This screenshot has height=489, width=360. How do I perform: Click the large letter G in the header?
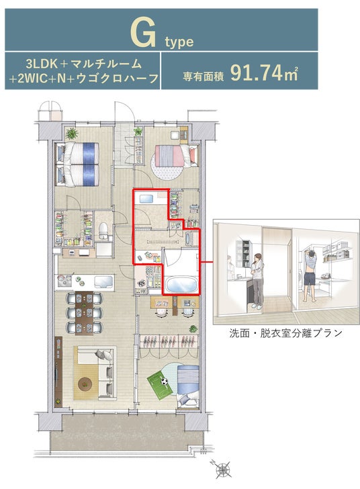[x=143, y=32]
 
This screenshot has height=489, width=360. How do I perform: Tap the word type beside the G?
[x=179, y=42]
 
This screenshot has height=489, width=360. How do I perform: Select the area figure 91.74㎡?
[x=264, y=74]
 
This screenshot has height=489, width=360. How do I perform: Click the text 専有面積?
[x=204, y=77]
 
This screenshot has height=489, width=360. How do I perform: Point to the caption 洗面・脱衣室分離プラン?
[x=285, y=333]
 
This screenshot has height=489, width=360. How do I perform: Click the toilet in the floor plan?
[x=103, y=230]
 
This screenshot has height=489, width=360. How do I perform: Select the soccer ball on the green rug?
[x=164, y=381]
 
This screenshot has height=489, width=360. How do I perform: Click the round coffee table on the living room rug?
[x=85, y=384]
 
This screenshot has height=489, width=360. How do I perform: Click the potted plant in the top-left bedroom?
[x=72, y=134]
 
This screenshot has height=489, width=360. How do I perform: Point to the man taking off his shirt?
[x=310, y=275]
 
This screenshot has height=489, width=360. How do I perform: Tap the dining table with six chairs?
[x=84, y=312]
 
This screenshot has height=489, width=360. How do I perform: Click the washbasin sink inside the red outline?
[x=146, y=199]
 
